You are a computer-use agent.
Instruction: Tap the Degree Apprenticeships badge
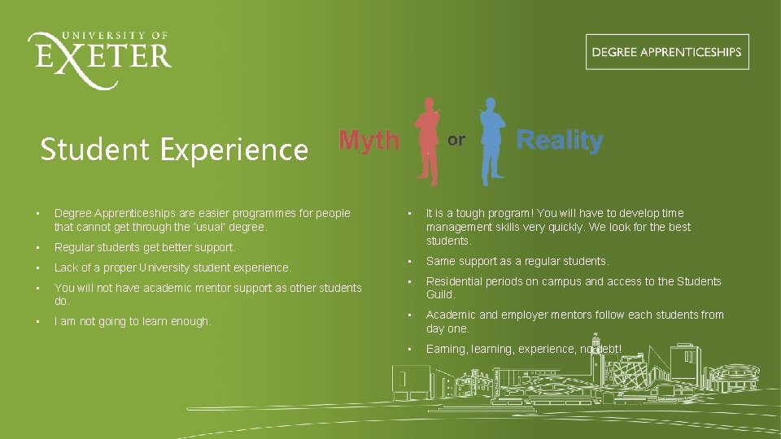click(x=666, y=52)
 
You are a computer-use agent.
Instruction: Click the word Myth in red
click(x=369, y=141)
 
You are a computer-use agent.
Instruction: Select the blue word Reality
click(x=560, y=141)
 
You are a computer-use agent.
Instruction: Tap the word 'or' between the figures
click(x=456, y=140)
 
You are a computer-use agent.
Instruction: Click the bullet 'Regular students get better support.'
click(x=145, y=247)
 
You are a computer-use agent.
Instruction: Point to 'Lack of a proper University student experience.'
click(x=172, y=267)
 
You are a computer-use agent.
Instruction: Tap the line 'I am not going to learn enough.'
click(x=133, y=322)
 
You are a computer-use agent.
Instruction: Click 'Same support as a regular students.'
click(x=517, y=261)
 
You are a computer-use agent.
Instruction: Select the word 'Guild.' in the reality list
click(x=441, y=295)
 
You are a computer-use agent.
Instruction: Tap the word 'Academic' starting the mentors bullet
click(x=451, y=315)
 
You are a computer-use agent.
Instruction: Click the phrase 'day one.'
click(x=447, y=328)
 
